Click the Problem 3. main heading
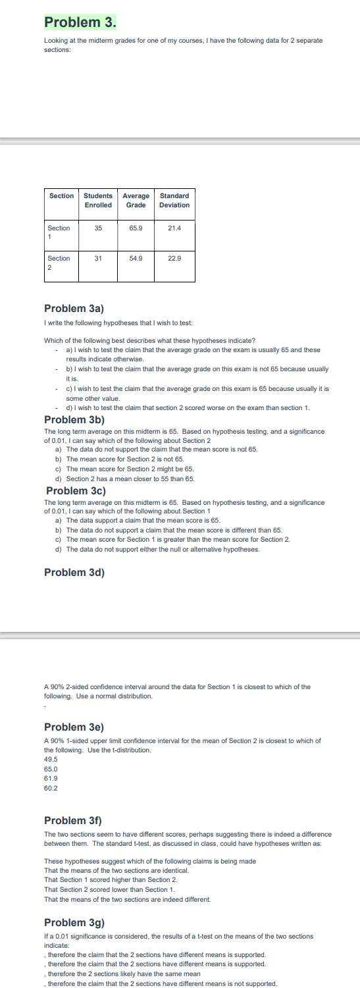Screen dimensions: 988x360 tap(80, 22)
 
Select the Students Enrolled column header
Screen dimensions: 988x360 tap(98, 200)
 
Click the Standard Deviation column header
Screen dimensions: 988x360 tap(174, 200)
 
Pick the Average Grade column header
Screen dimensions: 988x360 tap(136, 200)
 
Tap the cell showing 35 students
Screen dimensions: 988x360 tap(98, 228)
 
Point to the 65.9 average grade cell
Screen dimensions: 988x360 tap(136, 228)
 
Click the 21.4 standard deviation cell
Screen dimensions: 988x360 tap(174, 228)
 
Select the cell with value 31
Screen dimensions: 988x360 tap(98, 259)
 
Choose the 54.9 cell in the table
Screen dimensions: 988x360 tap(136, 259)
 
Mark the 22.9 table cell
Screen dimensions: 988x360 tap(174, 259)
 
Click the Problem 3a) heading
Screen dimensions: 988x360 tap(74, 308)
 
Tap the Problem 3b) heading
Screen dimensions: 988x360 tap(74, 419)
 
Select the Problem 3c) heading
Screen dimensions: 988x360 tap(76, 491)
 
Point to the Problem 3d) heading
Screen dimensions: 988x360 tap(74, 572)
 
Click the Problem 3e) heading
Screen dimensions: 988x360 tap(74, 727)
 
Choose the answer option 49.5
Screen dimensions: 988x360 tap(51, 759)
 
